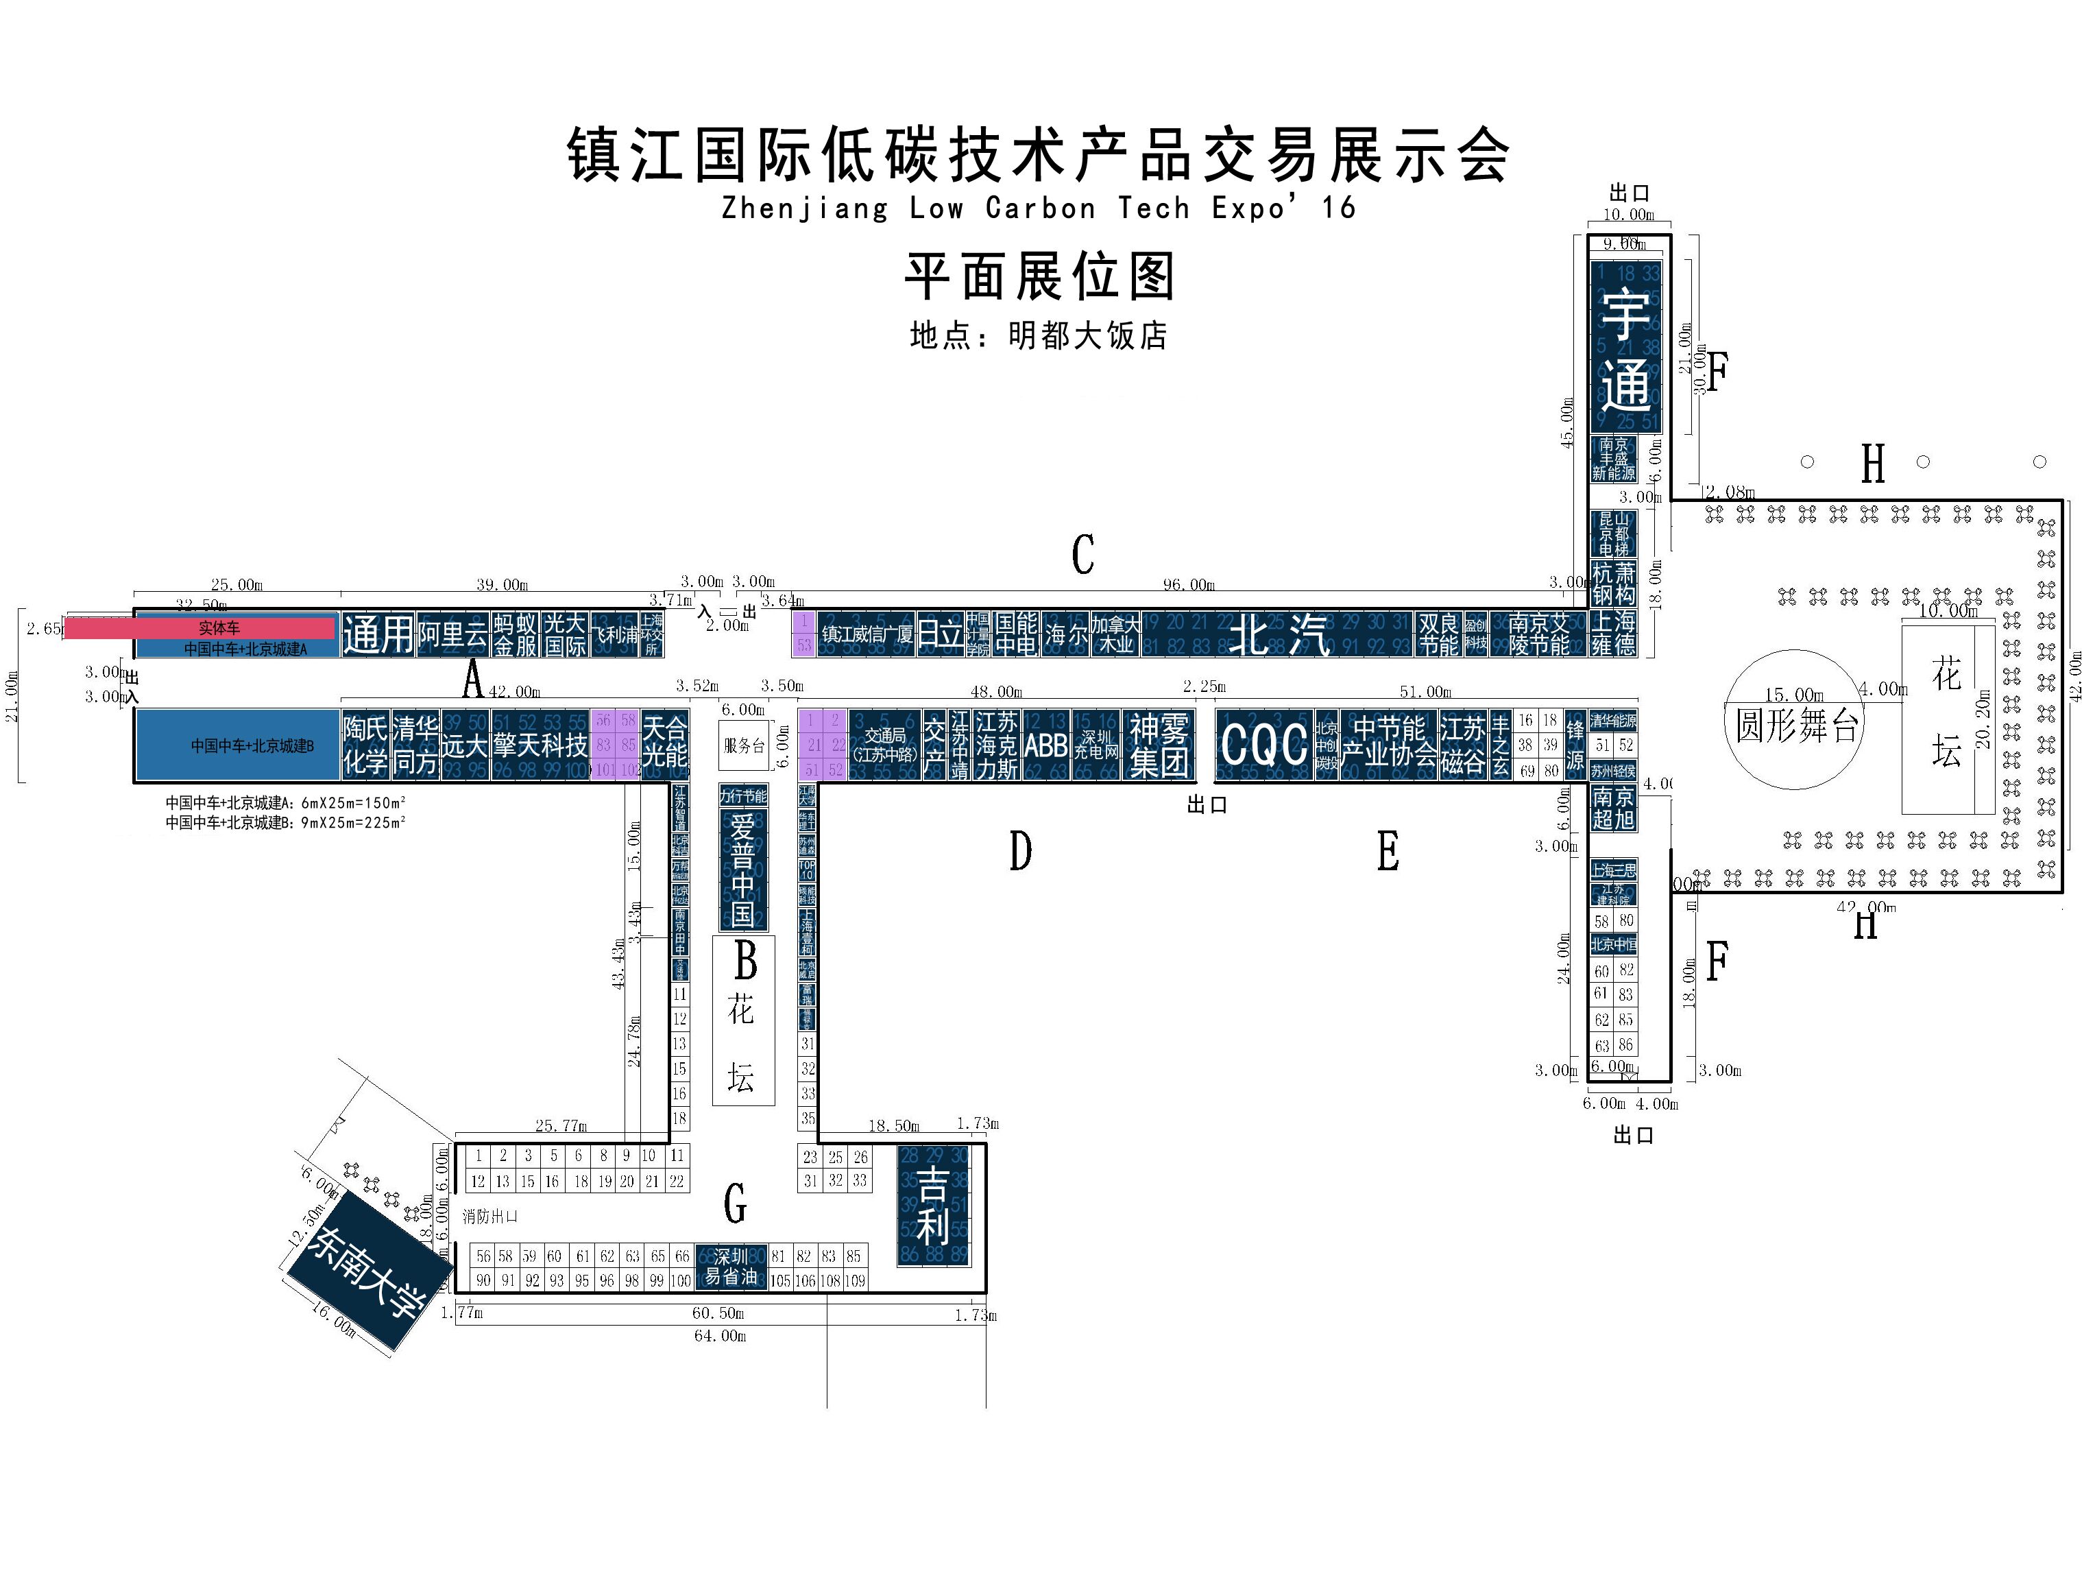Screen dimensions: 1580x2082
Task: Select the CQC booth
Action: click(x=1263, y=745)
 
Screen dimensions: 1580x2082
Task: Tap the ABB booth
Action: click(x=1045, y=745)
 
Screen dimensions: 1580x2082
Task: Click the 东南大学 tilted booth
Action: click(x=363, y=1271)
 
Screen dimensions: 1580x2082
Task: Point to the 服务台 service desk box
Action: click(x=744, y=745)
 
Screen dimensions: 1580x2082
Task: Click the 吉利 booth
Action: click(x=932, y=1206)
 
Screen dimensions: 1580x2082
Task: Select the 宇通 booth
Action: click(x=1625, y=348)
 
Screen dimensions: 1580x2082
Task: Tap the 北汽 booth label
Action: click(x=1280, y=634)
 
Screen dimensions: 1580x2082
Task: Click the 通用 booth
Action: click(x=378, y=634)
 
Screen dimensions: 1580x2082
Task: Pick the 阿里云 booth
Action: click(x=452, y=634)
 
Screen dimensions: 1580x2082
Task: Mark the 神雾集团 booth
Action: click(x=1159, y=745)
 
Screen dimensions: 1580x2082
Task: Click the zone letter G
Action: click(x=735, y=1202)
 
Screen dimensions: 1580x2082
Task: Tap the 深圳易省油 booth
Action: click(x=731, y=1267)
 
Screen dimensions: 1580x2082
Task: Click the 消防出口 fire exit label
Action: click(x=489, y=1217)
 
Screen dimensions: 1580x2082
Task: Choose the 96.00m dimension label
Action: click(x=1188, y=585)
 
